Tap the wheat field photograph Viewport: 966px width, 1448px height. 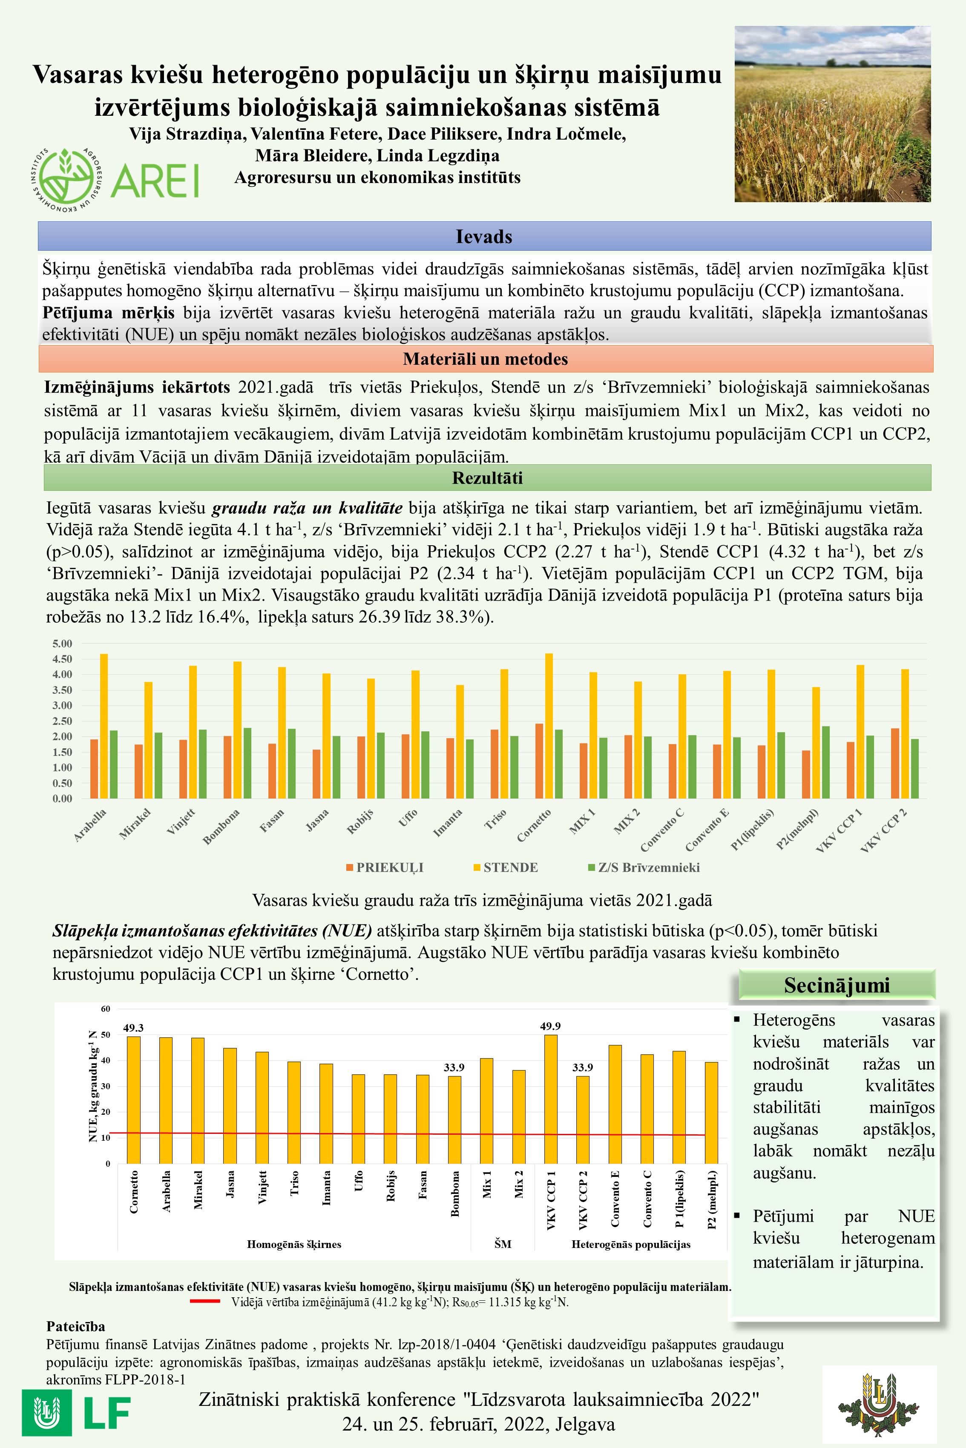[832, 114]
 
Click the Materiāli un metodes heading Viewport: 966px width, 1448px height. [486, 359]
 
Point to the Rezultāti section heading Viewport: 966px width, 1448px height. [487, 478]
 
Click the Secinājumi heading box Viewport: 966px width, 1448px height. [836, 985]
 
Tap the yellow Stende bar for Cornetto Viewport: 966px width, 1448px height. [549, 727]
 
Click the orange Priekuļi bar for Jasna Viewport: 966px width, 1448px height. [316, 774]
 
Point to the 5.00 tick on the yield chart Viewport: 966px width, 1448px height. [62, 644]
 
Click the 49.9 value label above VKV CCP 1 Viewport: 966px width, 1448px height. [550, 1026]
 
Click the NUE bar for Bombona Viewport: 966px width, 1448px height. [454, 1119]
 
